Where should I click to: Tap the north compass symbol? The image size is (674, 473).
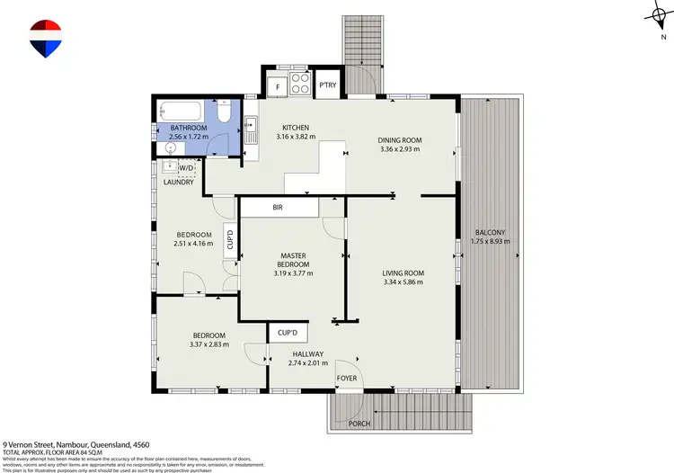click(x=654, y=15)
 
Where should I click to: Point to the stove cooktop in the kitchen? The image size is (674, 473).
click(x=300, y=87)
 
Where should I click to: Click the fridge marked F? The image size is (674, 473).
click(x=278, y=87)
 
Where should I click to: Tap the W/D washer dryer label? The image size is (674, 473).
click(x=187, y=167)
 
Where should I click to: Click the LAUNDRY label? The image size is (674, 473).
click(x=178, y=183)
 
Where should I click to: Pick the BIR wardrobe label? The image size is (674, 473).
click(x=279, y=208)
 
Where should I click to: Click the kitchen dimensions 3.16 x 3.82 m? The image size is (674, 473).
click(x=296, y=138)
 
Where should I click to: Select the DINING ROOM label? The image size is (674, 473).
click(x=397, y=138)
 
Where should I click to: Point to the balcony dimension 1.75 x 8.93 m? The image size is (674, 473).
click(x=492, y=242)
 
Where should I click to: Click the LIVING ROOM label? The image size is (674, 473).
click(x=403, y=273)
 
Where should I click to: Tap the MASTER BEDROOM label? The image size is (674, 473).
click(x=291, y=260)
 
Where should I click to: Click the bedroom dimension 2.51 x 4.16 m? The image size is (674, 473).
click(x=193, y=244)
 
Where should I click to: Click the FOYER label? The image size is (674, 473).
click(x=347, y=379)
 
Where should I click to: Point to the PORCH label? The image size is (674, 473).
click(x=359, y=423)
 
